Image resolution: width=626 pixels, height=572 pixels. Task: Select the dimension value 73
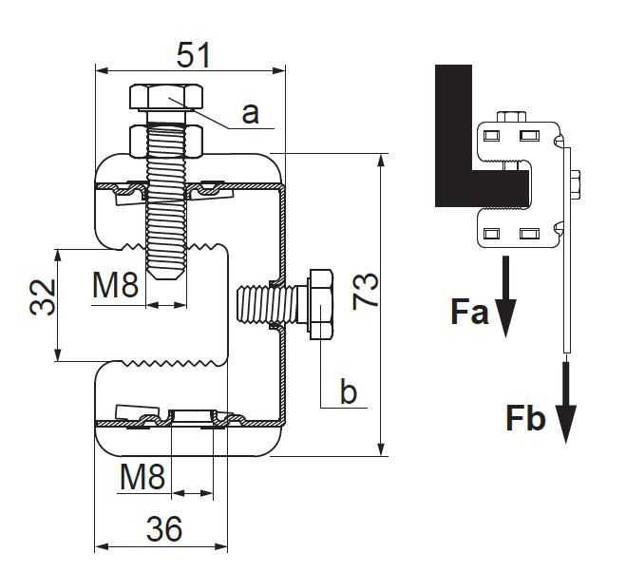367,291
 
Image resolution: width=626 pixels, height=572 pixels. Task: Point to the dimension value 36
164,528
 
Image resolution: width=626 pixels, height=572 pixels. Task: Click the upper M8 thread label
115,285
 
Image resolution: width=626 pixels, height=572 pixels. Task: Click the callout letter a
250,114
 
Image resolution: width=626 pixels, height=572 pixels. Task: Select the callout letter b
350,391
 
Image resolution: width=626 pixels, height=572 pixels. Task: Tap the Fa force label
469,313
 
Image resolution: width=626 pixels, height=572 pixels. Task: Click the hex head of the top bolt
167,98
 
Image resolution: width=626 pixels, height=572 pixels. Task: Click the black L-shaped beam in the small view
454,143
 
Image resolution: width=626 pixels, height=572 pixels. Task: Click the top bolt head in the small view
511,118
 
